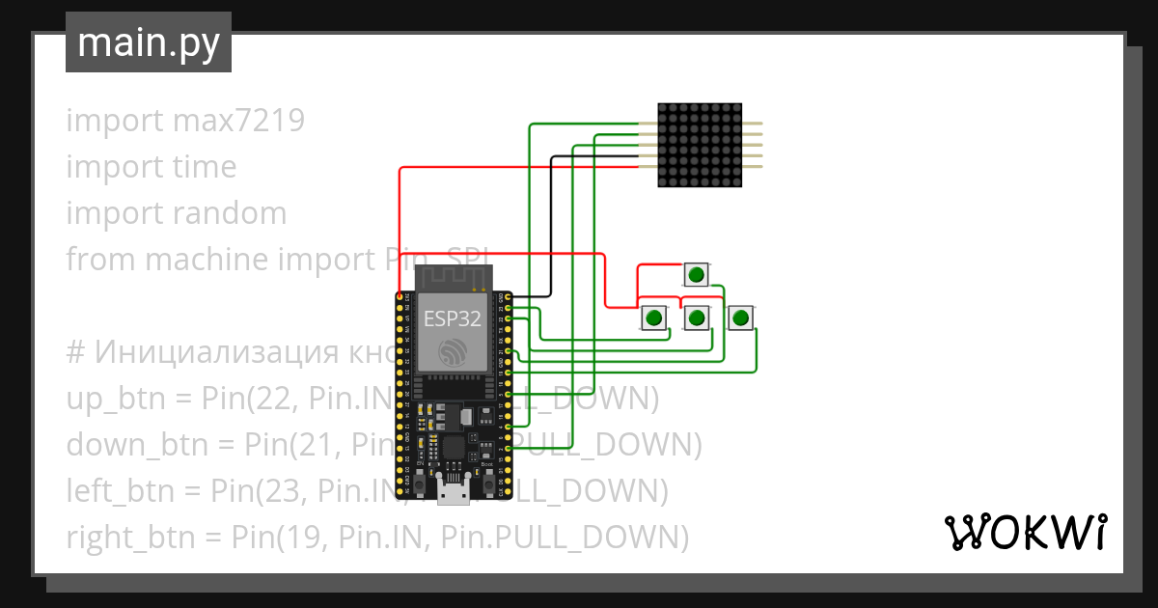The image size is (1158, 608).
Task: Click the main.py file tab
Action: [x=148, y=42]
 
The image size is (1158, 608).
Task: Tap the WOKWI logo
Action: [x=1024, y=532]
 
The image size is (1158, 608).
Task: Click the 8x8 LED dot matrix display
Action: [x=700, y=145]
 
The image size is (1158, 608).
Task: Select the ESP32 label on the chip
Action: [x=452, y=319]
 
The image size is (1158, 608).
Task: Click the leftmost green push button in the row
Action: [x=654, y=318]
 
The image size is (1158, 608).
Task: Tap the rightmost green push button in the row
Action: [x=740, y=318]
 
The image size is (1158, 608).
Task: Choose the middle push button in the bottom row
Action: [x=697, y=318]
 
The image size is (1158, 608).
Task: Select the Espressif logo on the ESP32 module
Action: [x=452, y=353]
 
